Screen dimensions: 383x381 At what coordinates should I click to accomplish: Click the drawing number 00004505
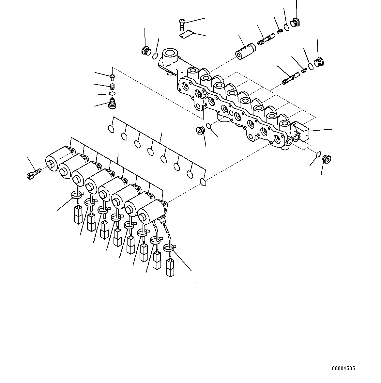click(x=343, y=369)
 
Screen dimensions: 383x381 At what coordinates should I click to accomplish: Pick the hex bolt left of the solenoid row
click(x=33, y=173)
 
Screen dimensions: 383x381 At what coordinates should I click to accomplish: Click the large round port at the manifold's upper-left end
click(x=170, y=53)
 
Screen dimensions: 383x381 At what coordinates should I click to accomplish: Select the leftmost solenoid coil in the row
click(x=57, y=158)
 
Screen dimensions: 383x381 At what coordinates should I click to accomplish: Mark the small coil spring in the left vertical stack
click(x=112, y=86)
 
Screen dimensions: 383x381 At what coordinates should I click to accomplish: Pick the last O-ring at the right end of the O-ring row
click(x=203, y=182)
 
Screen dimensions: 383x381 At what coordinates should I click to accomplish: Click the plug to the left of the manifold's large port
click(x=145, y=51)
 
